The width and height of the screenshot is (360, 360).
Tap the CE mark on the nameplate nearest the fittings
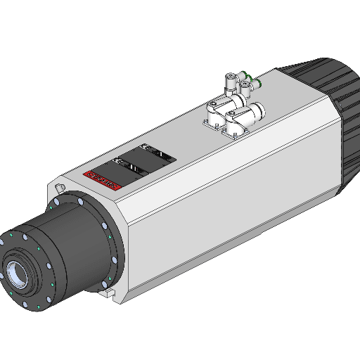(x=146, y=148)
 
